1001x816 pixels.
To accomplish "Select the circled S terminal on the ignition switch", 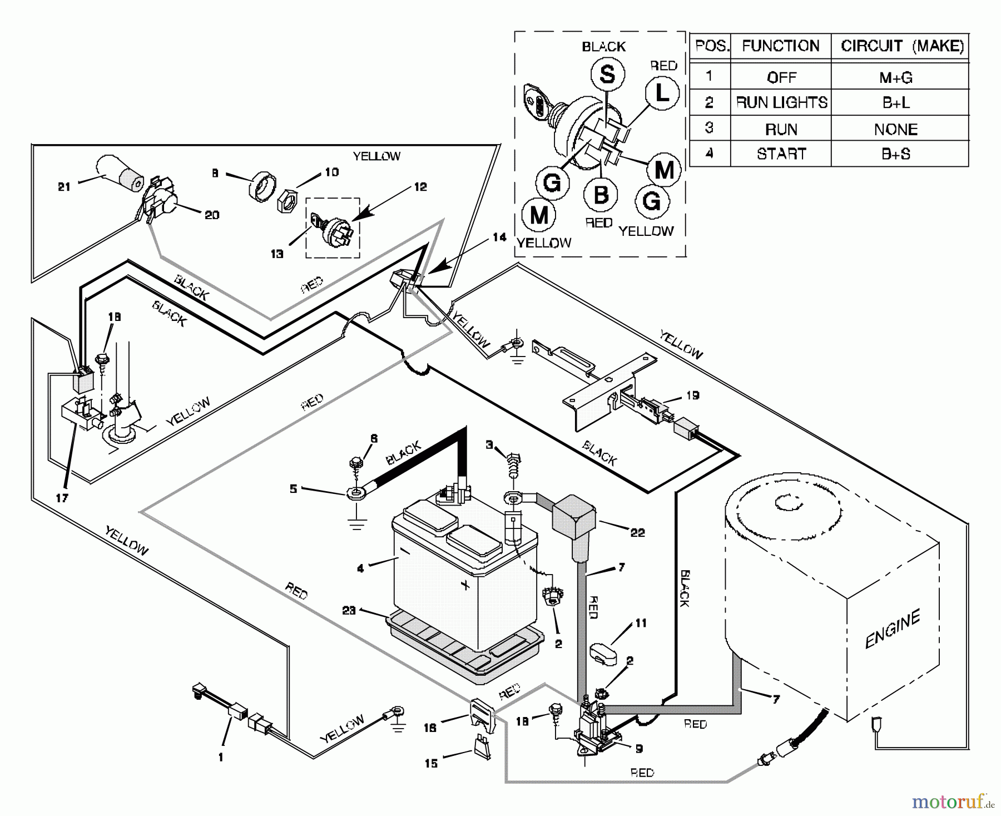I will coord(607,75).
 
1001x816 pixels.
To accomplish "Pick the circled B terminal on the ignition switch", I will coord(601,195).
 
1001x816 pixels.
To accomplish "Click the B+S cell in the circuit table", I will coord(896,154).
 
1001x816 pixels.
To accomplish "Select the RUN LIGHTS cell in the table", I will coord(781,103).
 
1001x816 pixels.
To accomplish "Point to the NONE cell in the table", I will coord(896,129).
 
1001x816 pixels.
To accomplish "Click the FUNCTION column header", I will coord(781,46).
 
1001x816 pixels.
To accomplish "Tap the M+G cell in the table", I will coord(896,77).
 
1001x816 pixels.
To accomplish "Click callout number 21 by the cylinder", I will coord(65,187).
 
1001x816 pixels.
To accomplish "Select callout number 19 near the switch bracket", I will coord(692,395).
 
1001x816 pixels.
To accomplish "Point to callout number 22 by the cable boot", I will coord(637,532).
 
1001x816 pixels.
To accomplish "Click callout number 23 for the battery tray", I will coord(349,610).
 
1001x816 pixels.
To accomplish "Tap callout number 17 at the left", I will coord(62,498).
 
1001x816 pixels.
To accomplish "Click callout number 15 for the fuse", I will coord(431,763).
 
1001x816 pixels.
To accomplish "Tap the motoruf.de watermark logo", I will coord(952,802).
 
